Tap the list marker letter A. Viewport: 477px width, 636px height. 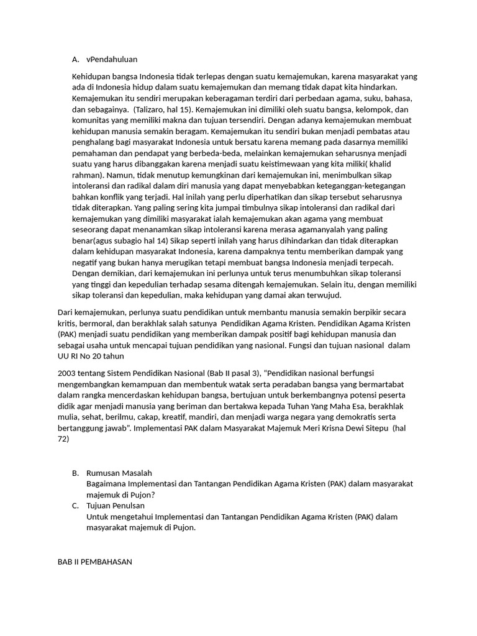(75, 59)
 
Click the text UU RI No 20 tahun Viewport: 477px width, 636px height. (91, 356)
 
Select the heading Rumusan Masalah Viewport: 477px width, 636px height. (119, 473)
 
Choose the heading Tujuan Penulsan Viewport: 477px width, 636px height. (116, 506)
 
